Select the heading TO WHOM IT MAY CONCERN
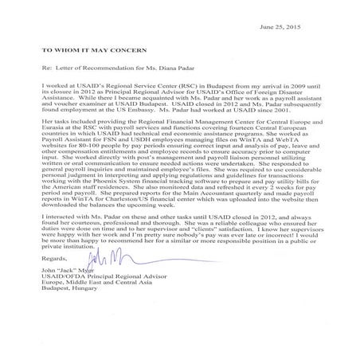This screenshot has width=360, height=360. coord(83,48)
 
